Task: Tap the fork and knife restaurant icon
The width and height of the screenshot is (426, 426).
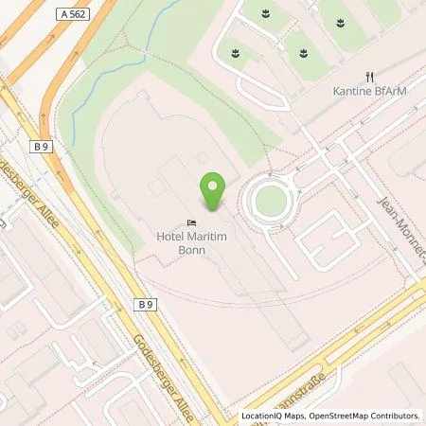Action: point(370,77)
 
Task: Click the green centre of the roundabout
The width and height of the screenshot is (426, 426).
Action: point(271,200)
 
